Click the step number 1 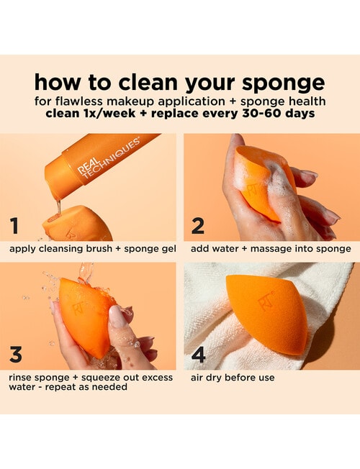pyautogui.click(x=14, y=226)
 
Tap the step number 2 pyautogui.click(x=198, y=226)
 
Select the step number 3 pyautogui.click(x=16, y=355)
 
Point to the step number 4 pyautogui.click(x=199, y=355)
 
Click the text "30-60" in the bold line pyautogui.click(x=266, y=113)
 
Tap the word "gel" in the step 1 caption pyautogui.click(x=167, y=249)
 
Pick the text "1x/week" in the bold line pyautogui.click(x=102, y=113)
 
